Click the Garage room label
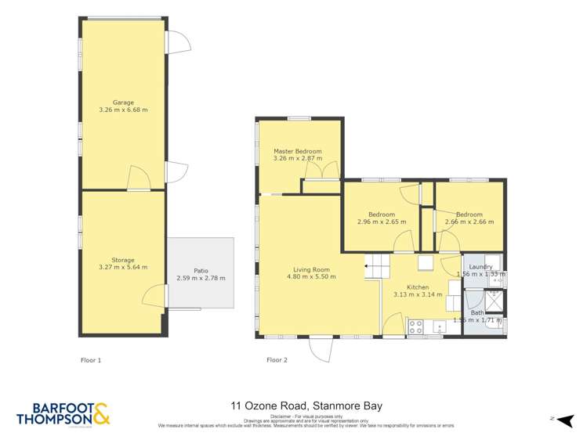tap(123, 102)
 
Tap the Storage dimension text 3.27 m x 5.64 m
tap(123, 268)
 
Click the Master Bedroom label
tap(297, 150)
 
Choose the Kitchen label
tap(417, 287)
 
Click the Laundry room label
tap(480, 267)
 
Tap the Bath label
tap(477, 312)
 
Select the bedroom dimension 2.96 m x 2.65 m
tap(382, 222)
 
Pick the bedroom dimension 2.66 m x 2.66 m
tap(469, 222)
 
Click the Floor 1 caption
tap(91, 360)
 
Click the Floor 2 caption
tap(277, 360)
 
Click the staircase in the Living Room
tap(378, 267)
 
